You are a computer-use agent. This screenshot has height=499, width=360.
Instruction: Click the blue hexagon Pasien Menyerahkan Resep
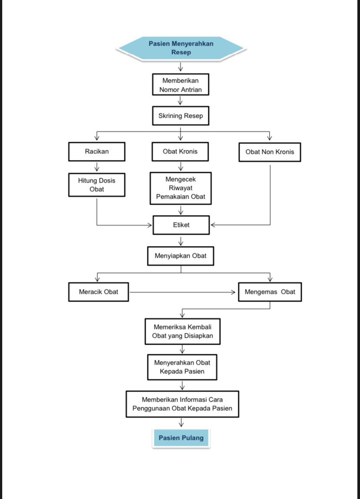point(181,48)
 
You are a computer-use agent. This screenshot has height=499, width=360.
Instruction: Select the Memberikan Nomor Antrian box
point(180,85)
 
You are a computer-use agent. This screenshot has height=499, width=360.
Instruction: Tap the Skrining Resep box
point(180,116)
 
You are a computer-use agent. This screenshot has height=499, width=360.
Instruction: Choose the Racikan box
point(97,151)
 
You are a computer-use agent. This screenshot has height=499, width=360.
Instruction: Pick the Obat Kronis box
point(180,151)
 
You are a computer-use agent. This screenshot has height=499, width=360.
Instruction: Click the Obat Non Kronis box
point(270,152)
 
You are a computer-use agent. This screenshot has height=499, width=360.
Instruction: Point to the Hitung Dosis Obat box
point(97,185)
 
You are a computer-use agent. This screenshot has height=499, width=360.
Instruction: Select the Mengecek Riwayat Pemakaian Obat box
point(180,188)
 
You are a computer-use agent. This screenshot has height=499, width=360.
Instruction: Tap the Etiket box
point(181,225)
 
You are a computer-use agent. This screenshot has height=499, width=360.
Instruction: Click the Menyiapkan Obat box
point(180,256)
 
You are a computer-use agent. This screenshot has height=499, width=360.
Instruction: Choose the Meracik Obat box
point(99,292)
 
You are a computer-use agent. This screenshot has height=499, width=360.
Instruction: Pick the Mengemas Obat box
point(270,292)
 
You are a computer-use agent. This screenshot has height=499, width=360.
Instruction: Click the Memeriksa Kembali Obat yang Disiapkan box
point(182,331)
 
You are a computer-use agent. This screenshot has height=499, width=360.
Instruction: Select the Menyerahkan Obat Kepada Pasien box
point(182,367)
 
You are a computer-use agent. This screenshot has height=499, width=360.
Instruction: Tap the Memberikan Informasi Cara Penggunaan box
point(182,404)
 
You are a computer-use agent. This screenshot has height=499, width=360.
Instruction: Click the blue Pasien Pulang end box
point(181,438)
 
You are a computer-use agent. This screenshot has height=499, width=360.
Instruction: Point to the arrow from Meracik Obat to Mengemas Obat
point(182,292)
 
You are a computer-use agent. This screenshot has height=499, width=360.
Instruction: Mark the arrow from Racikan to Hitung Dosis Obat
point(97,167)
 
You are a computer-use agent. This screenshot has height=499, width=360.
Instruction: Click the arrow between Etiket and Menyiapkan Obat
point(181,241)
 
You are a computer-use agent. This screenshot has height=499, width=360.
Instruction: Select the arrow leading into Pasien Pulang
point(181,422)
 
